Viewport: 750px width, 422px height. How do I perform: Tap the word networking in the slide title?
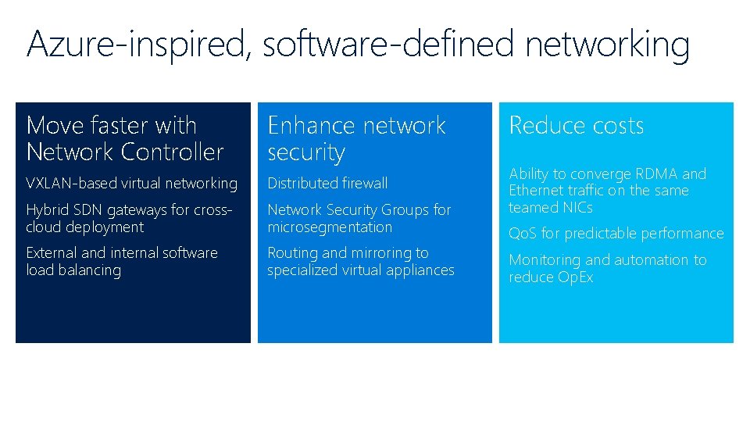point(608,45)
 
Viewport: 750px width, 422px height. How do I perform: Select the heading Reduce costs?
point(576,125)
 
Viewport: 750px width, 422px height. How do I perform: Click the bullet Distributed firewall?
point(327,184)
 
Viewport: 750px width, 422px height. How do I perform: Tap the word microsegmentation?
point(330,227)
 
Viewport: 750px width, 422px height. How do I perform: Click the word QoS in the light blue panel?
point(522,234)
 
